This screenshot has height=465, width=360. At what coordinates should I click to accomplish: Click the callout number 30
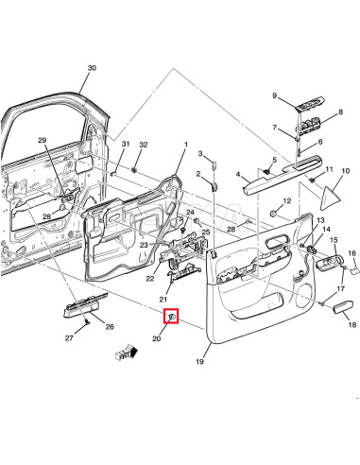(92, 68)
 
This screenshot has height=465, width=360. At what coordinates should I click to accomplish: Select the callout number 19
(199, 362)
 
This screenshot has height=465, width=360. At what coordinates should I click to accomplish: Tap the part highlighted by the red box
(172, 317)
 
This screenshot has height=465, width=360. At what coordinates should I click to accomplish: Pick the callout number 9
(275, 96)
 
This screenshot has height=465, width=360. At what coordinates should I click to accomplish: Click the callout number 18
(351, 325)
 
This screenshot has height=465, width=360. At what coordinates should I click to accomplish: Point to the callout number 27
(69, 338)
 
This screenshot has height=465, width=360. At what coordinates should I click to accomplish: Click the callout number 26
(110, 328)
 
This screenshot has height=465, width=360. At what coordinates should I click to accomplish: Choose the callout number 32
(144, 145)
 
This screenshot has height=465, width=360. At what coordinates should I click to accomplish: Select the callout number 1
(186, 146)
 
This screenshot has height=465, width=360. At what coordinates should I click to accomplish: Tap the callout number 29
(42, 141)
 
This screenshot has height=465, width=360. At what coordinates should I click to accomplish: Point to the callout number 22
(150, 278)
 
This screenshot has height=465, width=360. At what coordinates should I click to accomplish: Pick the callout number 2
(199, 174)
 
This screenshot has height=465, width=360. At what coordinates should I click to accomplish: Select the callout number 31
(125, 144)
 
